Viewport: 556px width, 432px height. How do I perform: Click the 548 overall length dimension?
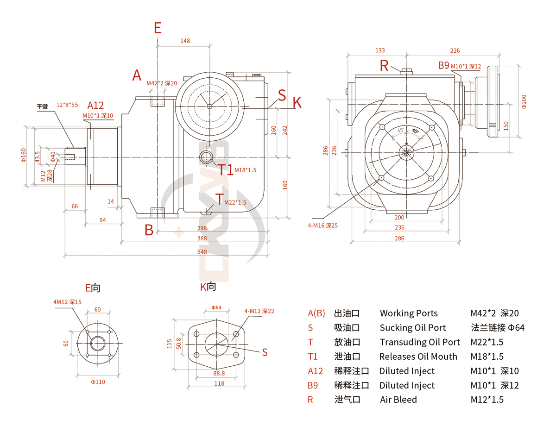[202, 252]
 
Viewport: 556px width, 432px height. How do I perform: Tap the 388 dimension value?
[202, 238]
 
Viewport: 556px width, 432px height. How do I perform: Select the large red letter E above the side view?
[158, 28]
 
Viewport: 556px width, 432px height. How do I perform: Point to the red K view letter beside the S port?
[297, 103]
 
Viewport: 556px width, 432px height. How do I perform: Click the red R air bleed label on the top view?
[384, 66]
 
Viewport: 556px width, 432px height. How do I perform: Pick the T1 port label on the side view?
[226, 170]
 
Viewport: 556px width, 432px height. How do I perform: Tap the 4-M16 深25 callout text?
[322, 225]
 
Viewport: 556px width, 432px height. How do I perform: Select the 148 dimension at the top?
[185, 41]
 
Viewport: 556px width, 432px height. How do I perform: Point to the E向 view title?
[93, 288]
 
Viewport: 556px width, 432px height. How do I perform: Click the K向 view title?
[208, 287]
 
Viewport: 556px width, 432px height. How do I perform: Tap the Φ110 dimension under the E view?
[98, 382]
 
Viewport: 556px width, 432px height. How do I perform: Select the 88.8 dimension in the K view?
[219, 373]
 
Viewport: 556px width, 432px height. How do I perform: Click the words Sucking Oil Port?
[412, 328]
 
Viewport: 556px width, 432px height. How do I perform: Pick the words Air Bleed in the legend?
[398, 400]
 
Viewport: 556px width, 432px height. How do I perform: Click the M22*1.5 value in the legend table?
[486, 342]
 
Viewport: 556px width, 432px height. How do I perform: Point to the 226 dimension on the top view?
[455, 50]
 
